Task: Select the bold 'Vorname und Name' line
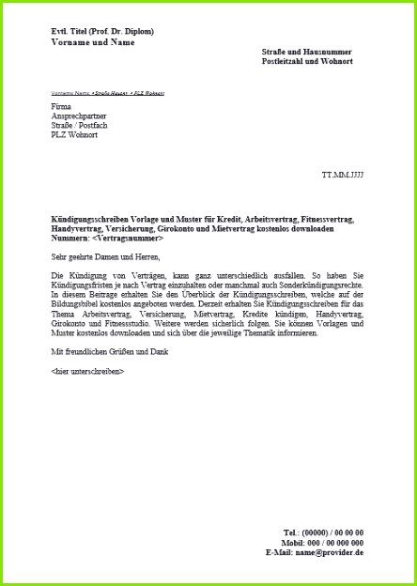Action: (x=93, y=42)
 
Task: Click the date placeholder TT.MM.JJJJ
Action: (x=342, y=176)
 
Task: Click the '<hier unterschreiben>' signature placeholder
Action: (x=87, y=371)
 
